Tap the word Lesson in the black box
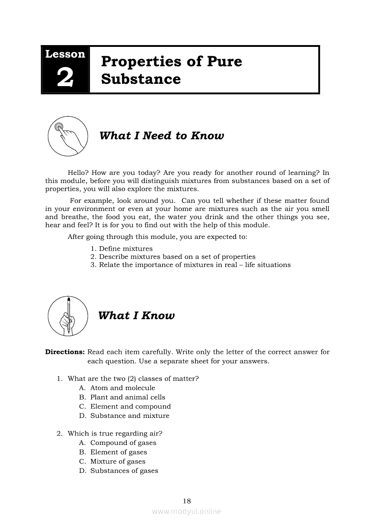click(65, 54)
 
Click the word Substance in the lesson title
click(141, 79)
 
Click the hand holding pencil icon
click(68, 316)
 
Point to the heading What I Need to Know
click(161, 136)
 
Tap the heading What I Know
click(136, 316)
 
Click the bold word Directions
click(65, 352)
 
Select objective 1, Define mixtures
click(121, 249)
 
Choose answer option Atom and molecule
click(122, 388)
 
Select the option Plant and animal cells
click(128, 398)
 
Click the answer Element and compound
click(131, 407)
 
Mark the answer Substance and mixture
click(130, 416)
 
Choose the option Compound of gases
click(123, 443)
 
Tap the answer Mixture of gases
click(118, 462)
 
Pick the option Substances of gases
click(124, 471)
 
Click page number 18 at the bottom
click(187, 501)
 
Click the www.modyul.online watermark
click(186, 512)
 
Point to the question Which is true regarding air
click(115, 434)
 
